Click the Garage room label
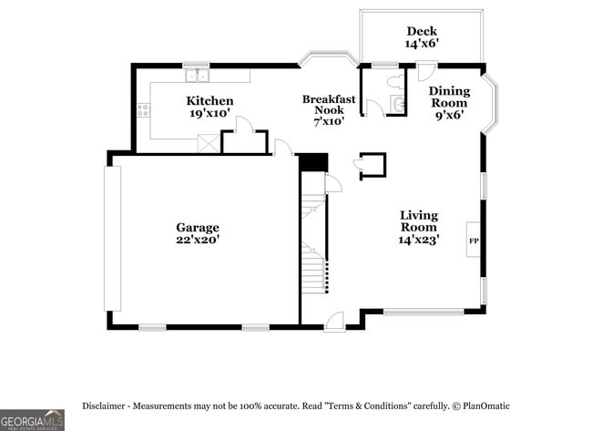point(197,227)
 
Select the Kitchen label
point(209,100)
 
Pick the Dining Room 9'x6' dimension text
point(449,115)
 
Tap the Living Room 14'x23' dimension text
point(419,240)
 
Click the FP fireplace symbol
point(474,241)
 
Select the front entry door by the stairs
point(334,321)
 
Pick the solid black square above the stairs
point(313,162)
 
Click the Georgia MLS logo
point(32,419)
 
